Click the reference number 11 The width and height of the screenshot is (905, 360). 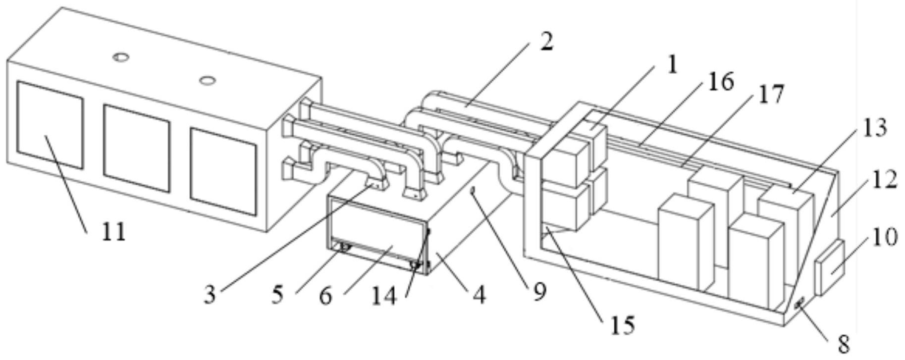(x=113, y=232)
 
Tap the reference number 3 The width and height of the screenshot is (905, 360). (x=210, y=295)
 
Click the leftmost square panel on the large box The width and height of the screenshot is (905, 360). (x=50, y=125)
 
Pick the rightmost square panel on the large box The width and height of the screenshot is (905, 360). (x=223, y=172)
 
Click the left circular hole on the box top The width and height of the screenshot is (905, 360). (x=120, y=57)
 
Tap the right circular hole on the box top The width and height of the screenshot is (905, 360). (x=208, y=79)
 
